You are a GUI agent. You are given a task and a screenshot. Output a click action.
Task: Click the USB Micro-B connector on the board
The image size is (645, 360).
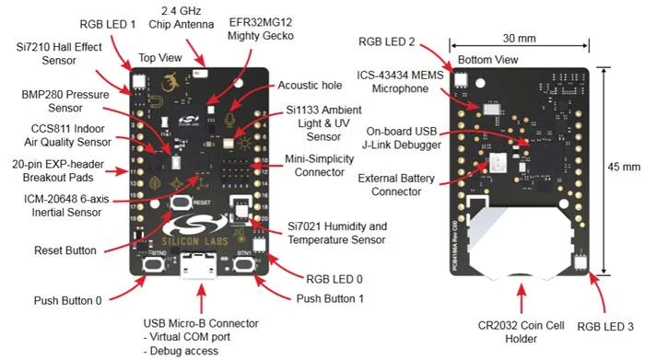click(198, 266)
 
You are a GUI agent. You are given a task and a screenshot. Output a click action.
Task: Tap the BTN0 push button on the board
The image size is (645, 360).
click(153, 264)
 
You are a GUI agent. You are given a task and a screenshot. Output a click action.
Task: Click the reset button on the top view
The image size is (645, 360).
click(182, 203)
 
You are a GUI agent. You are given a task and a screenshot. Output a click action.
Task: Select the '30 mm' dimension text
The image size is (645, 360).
click(519, 39)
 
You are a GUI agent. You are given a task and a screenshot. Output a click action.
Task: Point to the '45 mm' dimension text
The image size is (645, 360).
click(624, 167)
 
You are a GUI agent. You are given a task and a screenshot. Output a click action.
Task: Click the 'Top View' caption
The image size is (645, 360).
click(160, 57)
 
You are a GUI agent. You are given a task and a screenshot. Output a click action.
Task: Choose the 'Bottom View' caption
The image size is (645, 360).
click(487, 60)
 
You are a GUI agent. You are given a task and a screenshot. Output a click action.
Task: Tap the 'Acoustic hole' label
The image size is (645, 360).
click(310, 85)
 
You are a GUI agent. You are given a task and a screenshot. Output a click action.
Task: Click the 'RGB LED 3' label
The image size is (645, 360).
click(605, 327)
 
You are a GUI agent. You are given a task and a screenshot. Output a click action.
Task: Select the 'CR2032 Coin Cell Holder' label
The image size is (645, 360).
click(521, 332)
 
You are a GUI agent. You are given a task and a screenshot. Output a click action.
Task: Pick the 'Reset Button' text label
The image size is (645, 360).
click(65, 250)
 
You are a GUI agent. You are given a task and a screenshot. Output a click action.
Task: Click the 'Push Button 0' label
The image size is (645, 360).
click(67, 300)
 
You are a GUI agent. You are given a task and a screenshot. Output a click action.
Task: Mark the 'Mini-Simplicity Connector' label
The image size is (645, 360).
click(319, 165)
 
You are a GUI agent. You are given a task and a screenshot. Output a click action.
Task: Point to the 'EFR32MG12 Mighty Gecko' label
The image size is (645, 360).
click(261, 29)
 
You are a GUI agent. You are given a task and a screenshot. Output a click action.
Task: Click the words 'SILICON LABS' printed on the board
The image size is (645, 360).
click(194, 241)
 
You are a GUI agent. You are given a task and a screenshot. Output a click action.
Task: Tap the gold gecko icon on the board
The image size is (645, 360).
click(170, 83)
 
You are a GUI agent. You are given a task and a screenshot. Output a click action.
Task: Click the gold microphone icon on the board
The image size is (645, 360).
click(229, 120)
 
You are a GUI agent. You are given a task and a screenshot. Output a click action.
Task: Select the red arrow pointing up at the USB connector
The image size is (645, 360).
click(201, 299)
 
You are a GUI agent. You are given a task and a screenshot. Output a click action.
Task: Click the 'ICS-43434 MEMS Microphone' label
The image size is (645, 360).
click(400, 82)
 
